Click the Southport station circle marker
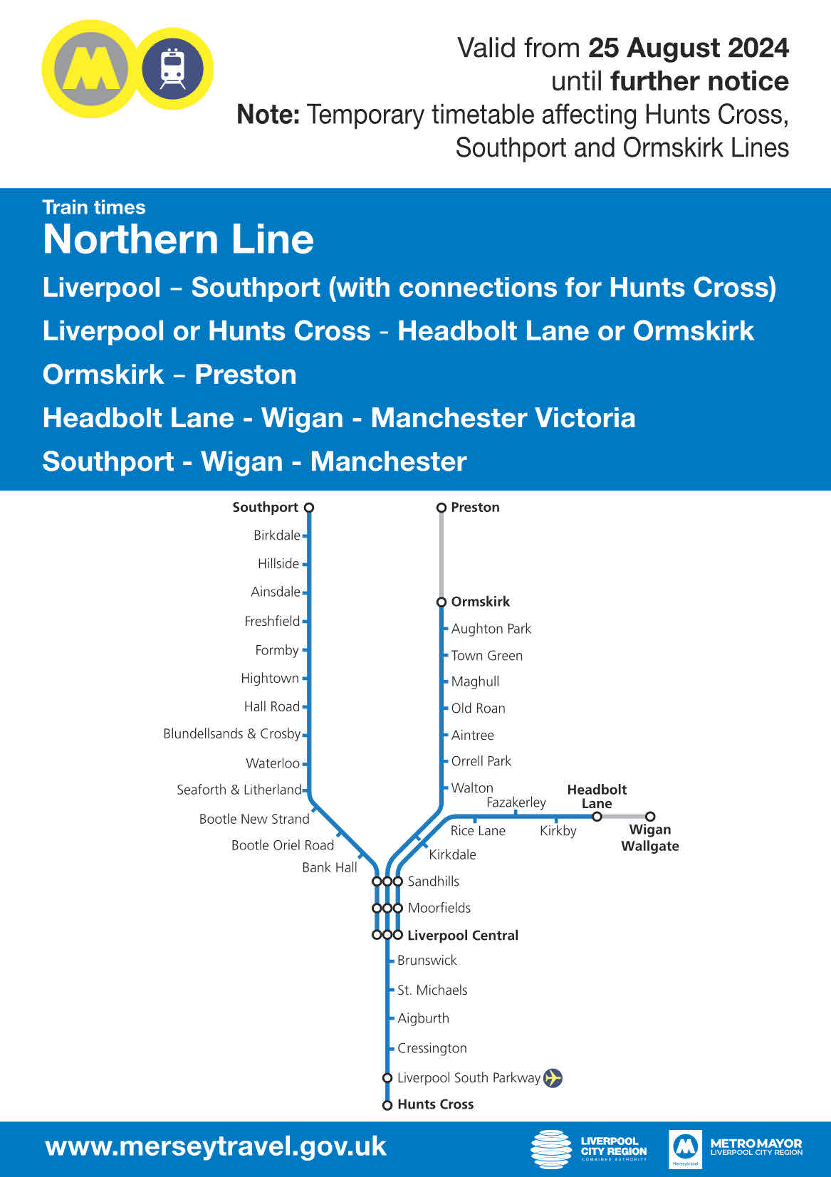[x=309, y=508]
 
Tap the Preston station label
[x=475, y=508]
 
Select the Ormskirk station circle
[x=441, y=602]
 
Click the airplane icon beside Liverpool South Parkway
[x=553, y=1078]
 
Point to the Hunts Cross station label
[x=435, y=1104]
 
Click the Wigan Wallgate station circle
[x=650, y=817]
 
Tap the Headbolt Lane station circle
[x=597, y=817]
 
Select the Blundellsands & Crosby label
[x=231, y=734]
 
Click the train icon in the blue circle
[x=172, y=68]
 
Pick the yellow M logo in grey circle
[x=91, y=69]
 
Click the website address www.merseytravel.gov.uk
[x=215, y=1147]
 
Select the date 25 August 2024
[x=688, y=48]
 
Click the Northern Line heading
[x=178, y=239]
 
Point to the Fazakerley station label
[x=516, y=802]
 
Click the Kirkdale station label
[x=452, y=854]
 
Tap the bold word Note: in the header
[x=268, y=115]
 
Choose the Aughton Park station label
[x=491, y=629]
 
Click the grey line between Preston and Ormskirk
[x=441, y=555]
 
